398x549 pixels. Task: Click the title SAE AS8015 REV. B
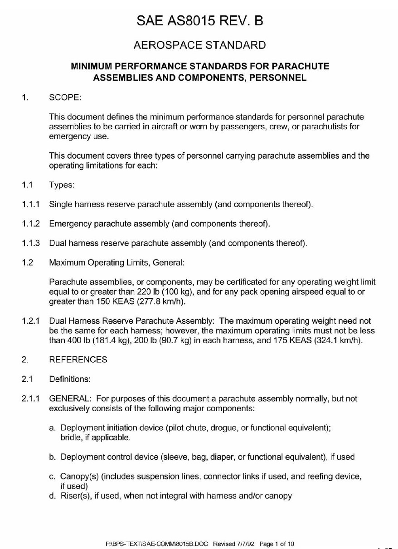(x=199, y=20)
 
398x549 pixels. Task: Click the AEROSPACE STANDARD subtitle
(x=199, y=45)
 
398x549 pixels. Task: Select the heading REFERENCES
(x=78, y=360)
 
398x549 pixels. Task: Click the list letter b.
(x=52, y=457)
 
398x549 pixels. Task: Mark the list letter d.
(x=52, y=496)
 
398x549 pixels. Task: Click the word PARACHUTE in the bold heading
(x=300, y=66)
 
